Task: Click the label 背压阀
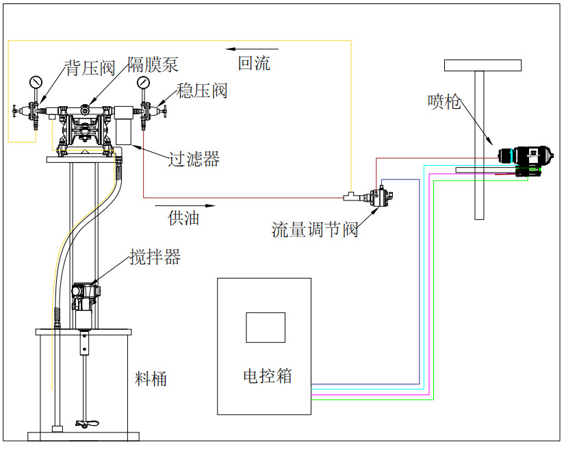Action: (x=90, y=68)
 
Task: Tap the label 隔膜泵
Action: (x=153, y=64)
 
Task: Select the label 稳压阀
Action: (x=202, y=90)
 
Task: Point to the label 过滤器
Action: (x=194, y=159)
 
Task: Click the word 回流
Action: (x=254, y=64)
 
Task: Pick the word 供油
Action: (x=183, y=218)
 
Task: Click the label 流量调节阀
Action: (x=315, y=230)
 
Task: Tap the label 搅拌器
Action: (x=155, y=257)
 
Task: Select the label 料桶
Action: (x=151, y=378)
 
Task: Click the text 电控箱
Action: (x=268, y=376)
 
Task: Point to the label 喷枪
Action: (x=444, y=102)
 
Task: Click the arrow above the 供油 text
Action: (x=185, y=205)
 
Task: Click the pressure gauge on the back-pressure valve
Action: (x=36, y=83)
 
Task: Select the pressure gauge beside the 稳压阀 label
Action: (x=144, y=83)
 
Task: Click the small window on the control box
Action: (x=266, y=327)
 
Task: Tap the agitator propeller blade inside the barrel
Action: (x=84, y=424)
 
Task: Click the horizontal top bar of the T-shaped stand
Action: (x=482, y=66)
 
